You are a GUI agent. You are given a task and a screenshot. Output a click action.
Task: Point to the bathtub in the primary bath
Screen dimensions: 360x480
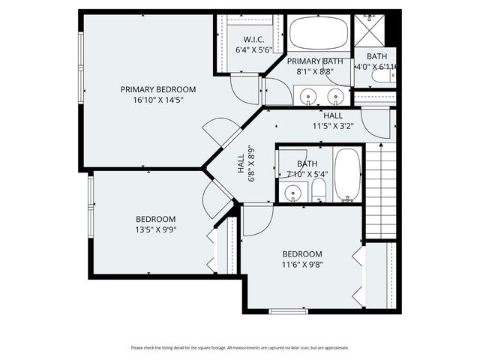tap(319, 34)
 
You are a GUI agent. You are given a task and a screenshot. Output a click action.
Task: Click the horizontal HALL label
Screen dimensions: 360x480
tap(333, 115)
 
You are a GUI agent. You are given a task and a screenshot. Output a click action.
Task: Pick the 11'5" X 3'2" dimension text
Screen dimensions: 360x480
tap(333, 126)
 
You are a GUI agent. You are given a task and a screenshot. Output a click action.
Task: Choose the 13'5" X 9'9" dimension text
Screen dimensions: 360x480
tap(156, 229)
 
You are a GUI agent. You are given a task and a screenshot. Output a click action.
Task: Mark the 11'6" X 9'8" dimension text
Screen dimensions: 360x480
tap(302, 264)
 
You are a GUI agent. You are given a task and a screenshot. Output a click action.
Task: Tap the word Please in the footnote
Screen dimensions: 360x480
tap(137, 347)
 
